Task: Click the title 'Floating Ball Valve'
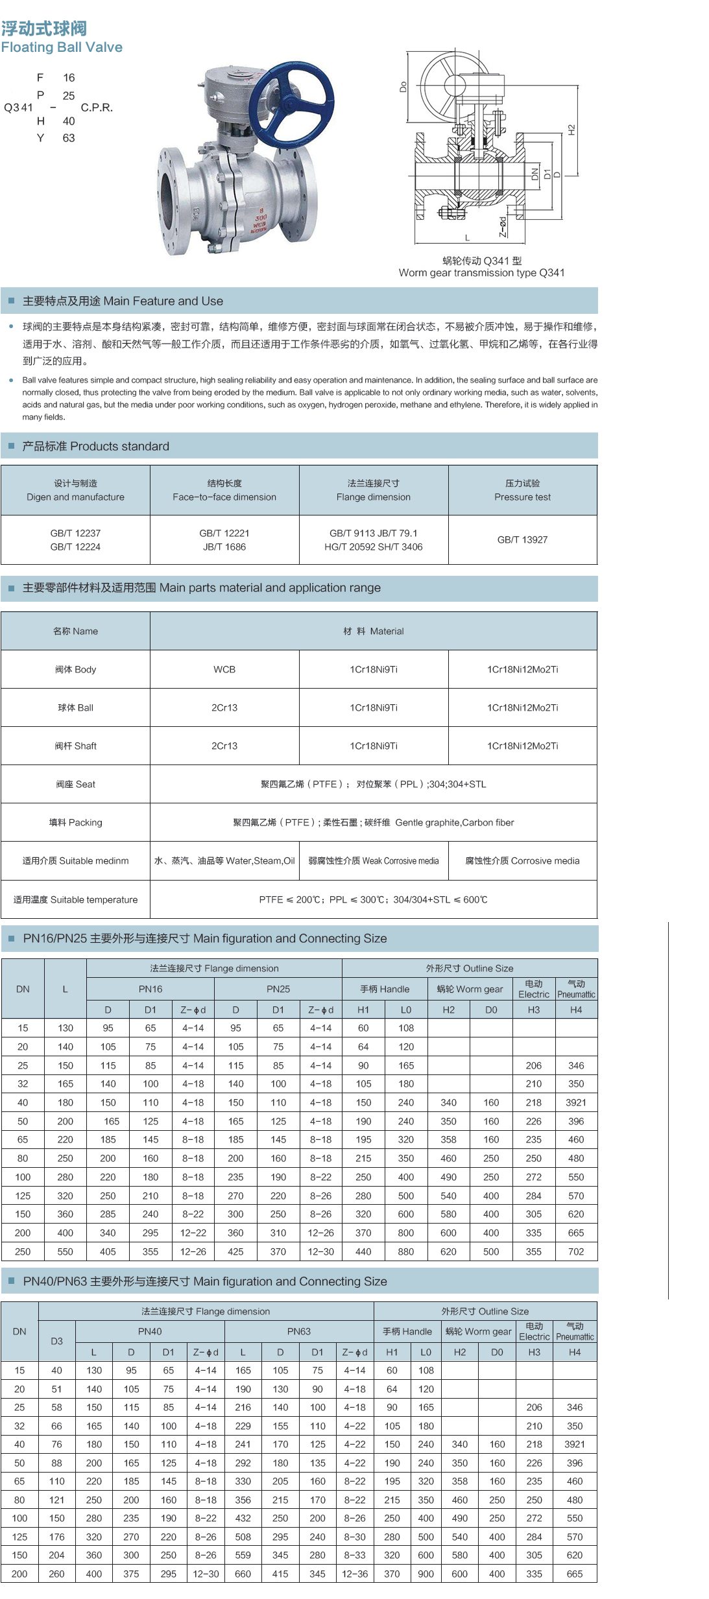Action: tap(62, 47)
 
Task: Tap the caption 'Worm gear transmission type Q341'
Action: tap(481, 273)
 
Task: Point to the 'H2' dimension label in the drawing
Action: tap(571, 130)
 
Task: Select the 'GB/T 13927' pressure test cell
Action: tap(522, 539)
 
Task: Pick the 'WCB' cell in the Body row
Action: tap(224, 669)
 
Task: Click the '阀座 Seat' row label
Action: tap(75, 784)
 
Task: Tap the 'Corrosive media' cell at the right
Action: tap(522, 860)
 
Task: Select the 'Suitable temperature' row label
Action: tap(75, 899)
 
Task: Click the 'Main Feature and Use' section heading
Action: tap(123, 301)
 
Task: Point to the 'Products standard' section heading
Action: tap(96, 446)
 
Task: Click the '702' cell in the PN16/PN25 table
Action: tap(576, 1251)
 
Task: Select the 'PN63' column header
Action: tap(299, 1331)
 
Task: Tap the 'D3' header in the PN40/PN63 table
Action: tap(57, 1341)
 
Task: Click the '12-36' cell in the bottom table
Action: tap(355, 1574)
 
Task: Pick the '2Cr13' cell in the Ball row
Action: tap(224, 707)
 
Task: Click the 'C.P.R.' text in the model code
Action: tap(97, 108)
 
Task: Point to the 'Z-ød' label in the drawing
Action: tap(503, 227)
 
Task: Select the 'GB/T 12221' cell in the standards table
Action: tap(224, 533)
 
